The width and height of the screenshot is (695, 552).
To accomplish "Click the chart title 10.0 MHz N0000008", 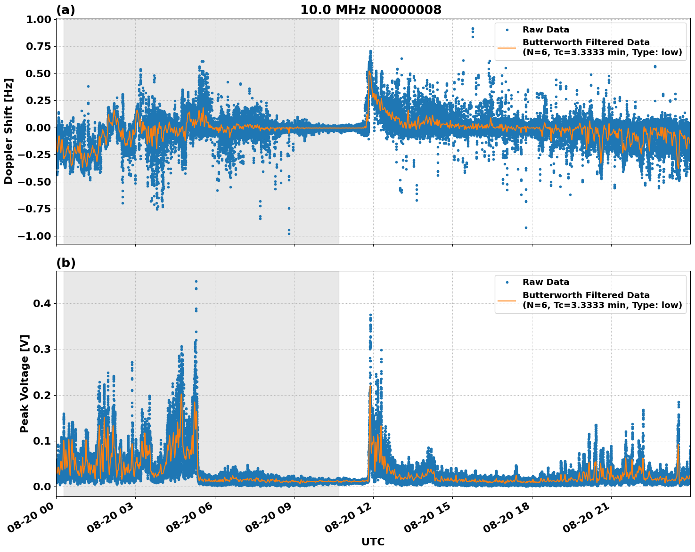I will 371,9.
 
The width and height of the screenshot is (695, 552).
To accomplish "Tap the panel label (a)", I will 65,10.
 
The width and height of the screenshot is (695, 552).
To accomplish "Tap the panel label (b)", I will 65,263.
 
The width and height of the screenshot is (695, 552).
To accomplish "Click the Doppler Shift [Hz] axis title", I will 8,131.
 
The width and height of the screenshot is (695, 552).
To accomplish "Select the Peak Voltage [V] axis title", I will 25,383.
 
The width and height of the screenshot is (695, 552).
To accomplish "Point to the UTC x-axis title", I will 373,542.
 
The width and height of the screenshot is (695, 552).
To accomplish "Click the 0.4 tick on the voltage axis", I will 41,304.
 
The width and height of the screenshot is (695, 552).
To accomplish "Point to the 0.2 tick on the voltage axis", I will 41,395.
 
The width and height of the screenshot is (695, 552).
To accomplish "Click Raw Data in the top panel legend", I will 546,30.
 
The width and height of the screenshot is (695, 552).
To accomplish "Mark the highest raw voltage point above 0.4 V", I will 196,282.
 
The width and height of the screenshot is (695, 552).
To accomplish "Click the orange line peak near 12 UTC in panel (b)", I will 370,387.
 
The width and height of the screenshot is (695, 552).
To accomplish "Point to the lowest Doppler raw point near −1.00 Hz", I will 289,234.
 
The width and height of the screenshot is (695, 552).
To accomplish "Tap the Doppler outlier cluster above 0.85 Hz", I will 473,31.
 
